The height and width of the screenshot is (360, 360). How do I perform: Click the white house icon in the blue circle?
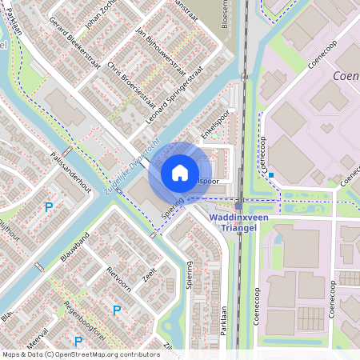[180, 172]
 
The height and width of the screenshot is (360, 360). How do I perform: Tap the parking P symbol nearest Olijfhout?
[48, 207]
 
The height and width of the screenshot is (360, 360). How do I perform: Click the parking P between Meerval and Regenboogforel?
[117, 310]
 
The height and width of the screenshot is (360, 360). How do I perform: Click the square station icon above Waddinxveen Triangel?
[238, 206]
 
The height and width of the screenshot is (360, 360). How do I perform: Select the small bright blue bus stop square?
[271, 175]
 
